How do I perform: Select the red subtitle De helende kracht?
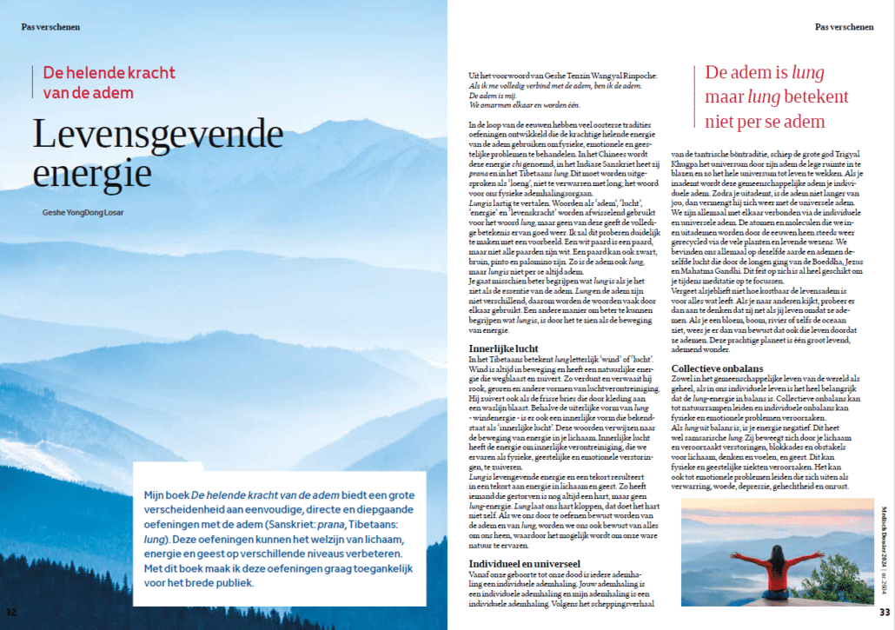109,72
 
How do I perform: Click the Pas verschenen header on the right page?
844,27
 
